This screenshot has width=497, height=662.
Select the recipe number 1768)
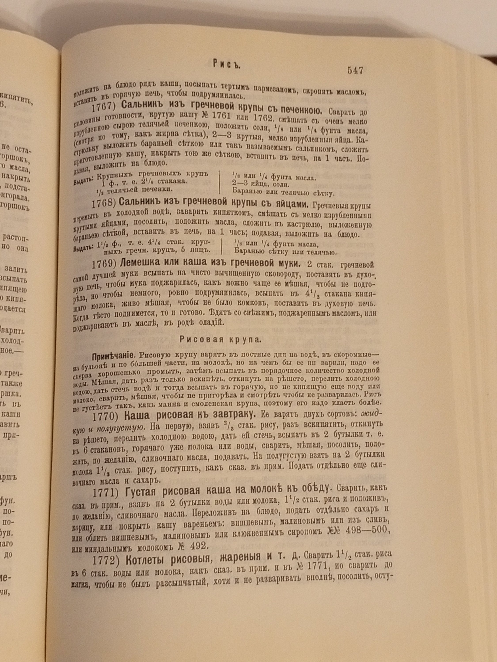104,203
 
